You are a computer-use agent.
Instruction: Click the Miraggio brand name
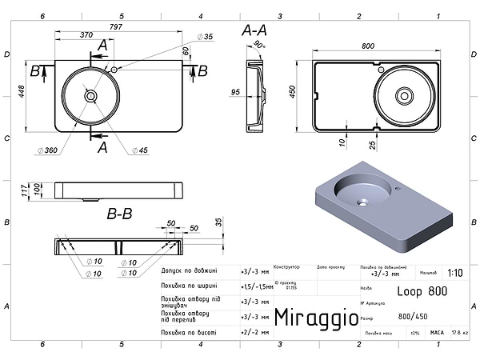316,318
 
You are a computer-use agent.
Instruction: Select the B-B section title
120,214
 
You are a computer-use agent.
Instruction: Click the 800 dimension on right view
368,46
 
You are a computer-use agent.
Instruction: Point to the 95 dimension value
235,93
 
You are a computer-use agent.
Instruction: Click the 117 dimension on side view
26,190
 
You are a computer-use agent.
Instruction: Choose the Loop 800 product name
422,292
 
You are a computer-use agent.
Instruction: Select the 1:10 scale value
455,272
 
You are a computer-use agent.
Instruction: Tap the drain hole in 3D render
362,201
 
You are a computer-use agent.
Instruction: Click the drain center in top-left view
90,96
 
